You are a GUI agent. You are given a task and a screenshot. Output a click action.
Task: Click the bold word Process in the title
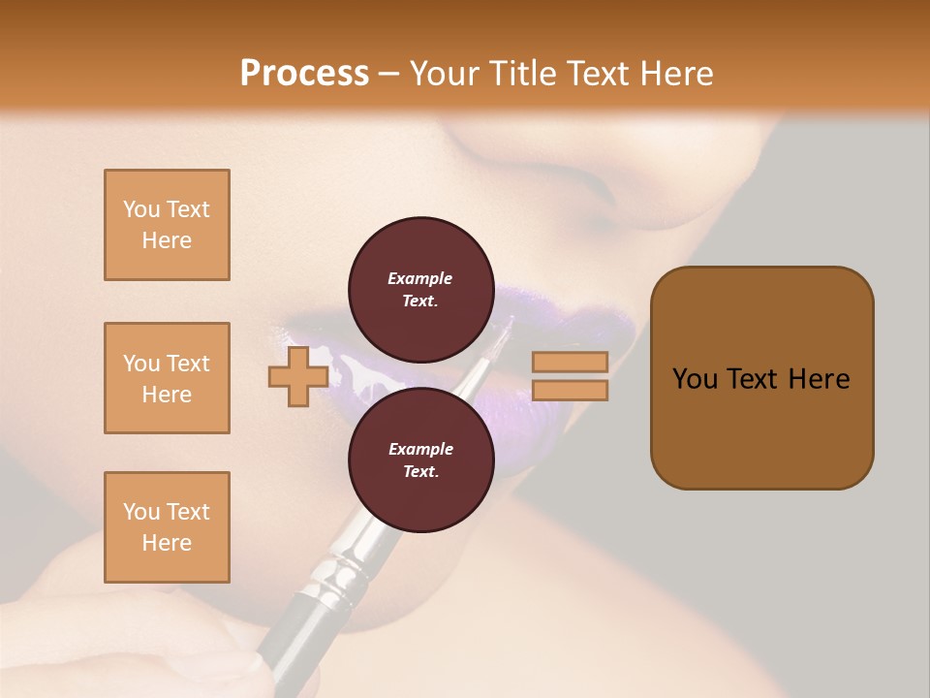pos(304,73)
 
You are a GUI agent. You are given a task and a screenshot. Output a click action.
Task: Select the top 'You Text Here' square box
pos(167,225)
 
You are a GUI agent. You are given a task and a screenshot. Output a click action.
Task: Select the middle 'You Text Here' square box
pos(167,378)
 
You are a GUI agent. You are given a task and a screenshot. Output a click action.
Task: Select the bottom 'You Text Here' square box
pos(167,527)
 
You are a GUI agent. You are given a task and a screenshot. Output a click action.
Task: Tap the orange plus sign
pos(297,377)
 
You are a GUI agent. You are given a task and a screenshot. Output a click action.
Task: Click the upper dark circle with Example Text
pos(420,289)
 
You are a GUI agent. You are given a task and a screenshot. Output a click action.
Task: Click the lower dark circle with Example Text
pos(420,460)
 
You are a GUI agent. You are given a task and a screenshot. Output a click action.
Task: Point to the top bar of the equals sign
pos(570,362)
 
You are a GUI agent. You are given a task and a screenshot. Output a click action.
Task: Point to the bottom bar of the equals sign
pos(570,391)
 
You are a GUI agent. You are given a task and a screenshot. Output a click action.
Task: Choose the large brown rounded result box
pos(761,377)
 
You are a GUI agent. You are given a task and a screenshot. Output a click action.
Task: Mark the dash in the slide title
pos(389,74)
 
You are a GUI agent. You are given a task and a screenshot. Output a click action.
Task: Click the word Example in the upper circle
pos(420,278)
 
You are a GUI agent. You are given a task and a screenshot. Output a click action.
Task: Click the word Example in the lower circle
pos(420,449)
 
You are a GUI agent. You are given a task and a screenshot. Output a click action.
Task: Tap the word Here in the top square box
pos(167,240)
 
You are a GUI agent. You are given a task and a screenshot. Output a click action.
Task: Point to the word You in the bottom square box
pos(140,512)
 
